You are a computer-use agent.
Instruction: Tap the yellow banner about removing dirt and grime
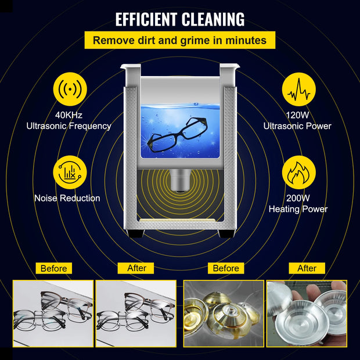pyautogui.click(x=179, y=41)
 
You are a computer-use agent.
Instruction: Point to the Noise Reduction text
pyautogui.click(x=67, y=199)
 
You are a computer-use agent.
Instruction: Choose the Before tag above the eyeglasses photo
pyautogui.click(x=54, y=268)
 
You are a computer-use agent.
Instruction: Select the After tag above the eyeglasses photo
pyautogui.click(x=136, y=268)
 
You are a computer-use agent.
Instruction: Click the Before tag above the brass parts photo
pyautogui.click(x=225, y=268)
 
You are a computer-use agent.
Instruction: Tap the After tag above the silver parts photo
pyautogui.click(x=307, y=268)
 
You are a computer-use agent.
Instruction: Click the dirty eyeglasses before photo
pyautogui.click(x=53, y=310)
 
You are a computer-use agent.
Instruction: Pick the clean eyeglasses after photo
pyautogui.click(x=136, y=310)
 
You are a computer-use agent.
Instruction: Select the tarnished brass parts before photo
pyautogui.click(x=224, y=310)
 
